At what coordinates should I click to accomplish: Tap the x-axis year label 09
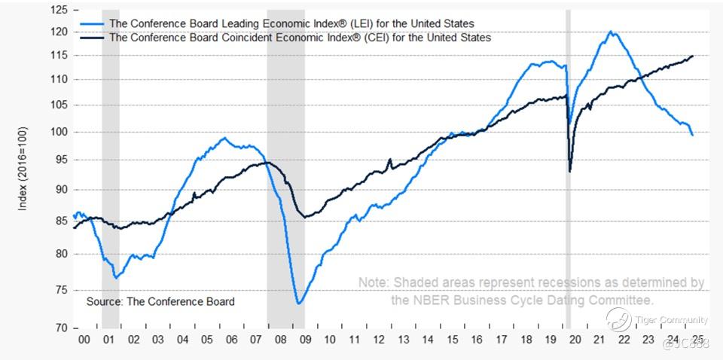tap(306, 340)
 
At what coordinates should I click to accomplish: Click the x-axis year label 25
tap(698, 340)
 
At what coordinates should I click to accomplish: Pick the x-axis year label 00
tap(84, 340)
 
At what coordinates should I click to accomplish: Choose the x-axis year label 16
tap(477, 340)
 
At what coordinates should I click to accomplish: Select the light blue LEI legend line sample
tap(91, 24)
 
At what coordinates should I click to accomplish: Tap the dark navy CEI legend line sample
tap(91, 37)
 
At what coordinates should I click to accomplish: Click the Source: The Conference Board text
tap(160, 301)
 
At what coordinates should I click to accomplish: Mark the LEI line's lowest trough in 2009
tap(299, 304)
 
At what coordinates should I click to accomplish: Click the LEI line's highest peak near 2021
tap(609, 32)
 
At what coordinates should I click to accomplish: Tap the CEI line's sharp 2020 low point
tap(570, 172)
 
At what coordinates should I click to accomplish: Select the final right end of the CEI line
tap(692, 56)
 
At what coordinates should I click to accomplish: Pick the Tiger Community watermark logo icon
tap(618, 319)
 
